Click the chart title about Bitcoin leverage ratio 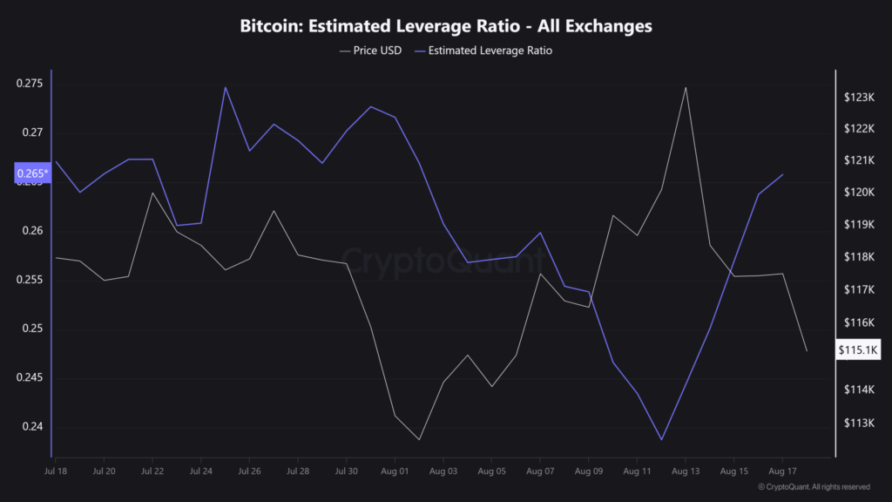click(445, 26)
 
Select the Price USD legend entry click(370, 51)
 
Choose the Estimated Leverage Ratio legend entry click(490, 51)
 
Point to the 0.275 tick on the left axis click(29, 84)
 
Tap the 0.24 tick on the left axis click(32, 426)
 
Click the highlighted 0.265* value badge click(33, 174)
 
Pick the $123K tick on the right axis click(858, 97)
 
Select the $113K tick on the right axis click(858, 424)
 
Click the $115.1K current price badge click(858, 350)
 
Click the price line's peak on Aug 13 click(686, 87)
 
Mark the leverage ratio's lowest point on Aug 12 click(661, 440)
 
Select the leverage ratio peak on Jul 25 click(225, 87)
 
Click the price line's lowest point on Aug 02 click(419, 440)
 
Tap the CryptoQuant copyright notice click(813, 487)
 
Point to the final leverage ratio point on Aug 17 click(783, 174)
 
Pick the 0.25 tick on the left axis click(32, 329)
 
